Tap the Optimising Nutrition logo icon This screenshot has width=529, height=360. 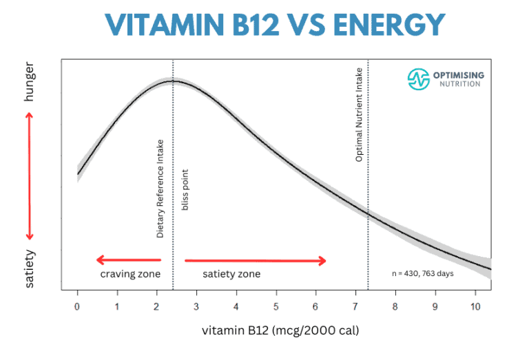[x=418, y=79]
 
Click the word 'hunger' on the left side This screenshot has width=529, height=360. [x=29, y=86]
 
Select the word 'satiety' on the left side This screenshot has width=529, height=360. [x=29, y=268]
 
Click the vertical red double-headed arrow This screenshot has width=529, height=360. [x=29, y=176]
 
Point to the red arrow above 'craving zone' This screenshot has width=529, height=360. [x=129, y=260]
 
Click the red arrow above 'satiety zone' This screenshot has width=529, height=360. [x=256, y=260]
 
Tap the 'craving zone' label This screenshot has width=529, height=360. [x=130, y=274]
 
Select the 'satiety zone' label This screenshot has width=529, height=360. [x=231, y=274]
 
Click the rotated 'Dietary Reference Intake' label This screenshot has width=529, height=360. [x=160, y=188]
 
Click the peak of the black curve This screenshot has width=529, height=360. [x=174, y=81]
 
